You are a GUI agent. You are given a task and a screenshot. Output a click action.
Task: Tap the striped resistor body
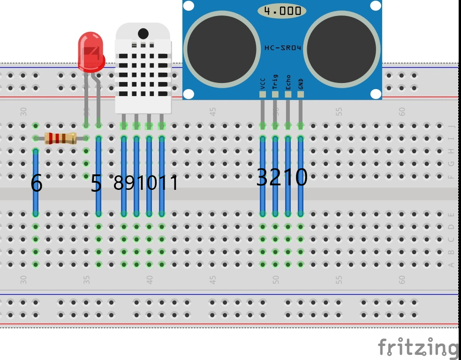[60, 138]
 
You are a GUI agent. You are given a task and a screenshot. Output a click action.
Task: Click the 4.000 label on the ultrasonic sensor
[282, 10]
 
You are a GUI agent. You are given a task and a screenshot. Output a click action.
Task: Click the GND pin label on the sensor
[301, 83]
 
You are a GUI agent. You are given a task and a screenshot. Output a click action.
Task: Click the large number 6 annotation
[36, 183]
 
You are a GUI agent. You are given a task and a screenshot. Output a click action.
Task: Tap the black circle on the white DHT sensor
[144, 33]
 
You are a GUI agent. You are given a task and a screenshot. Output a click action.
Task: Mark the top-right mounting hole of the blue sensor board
[376, 6]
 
